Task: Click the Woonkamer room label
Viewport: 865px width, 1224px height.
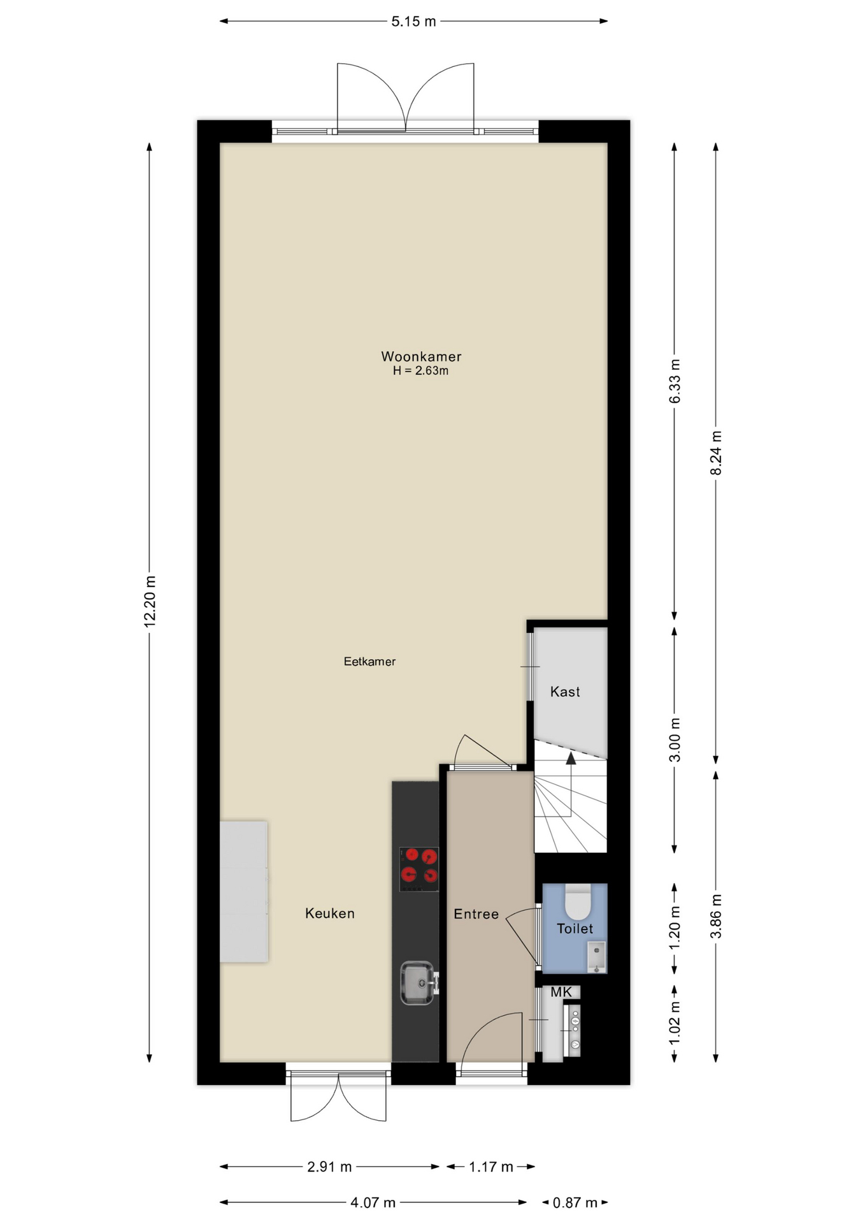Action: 421,356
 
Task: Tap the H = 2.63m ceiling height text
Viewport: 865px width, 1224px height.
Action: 420,371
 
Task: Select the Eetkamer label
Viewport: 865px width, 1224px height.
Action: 369,662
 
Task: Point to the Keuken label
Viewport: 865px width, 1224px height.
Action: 329,913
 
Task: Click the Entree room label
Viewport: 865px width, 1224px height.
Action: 476,914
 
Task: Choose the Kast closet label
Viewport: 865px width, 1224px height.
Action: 565,692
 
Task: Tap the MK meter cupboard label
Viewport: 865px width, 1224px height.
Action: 561,992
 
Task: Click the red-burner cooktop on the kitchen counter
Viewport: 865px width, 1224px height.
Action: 419,869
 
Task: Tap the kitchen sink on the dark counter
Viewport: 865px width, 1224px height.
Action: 418,982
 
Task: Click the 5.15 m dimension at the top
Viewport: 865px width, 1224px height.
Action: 413,21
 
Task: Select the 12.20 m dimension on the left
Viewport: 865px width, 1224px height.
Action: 150,602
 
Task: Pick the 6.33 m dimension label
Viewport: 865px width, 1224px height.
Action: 675,381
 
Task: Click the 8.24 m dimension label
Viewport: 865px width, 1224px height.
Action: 716,453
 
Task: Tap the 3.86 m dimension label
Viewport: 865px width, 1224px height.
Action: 716,916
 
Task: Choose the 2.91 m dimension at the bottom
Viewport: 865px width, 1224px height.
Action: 329,1167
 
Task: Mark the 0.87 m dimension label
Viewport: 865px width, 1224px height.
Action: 575,1202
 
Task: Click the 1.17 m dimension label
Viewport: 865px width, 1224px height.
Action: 491,1167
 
